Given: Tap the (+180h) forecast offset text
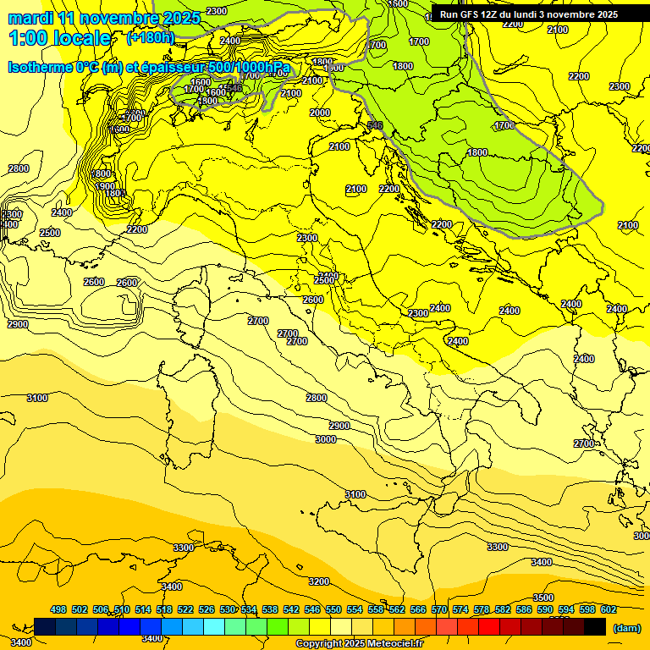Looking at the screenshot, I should pyautogui.click(x=150, y=37).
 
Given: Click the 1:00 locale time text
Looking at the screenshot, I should pyautogui.click(x=59, y=38).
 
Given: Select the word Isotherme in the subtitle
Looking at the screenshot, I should pyautogui.click(x=40, y=68).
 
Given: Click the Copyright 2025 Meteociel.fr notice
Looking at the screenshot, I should pyautogui.click(x=359, y=643).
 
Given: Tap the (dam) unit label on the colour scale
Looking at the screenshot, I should pyautogui.click(x=626, y=627).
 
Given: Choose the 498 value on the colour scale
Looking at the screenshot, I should pyautogui.click(x=58, y=609).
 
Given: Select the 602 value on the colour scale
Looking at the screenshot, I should pyautogui.click(x=608, y=609).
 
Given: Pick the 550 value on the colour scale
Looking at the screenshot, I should pyautogui.click(x=333, y=609).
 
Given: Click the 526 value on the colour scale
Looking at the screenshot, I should pyautogui.click(x=207, y=609).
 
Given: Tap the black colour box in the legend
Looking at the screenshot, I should pyautogui.click(x=595, y=626).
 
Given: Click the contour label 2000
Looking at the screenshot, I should pyautogui.click(x=320, y=113).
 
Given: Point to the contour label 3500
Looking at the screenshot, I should pyautogui.click(x=543, y=598).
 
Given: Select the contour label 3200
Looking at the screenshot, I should pyautogui.click(x=319, y=581).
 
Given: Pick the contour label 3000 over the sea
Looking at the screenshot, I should pyautogui.click(x=325, y=439).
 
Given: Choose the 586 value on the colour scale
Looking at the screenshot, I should pyautogui.click(x=524, y=609).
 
